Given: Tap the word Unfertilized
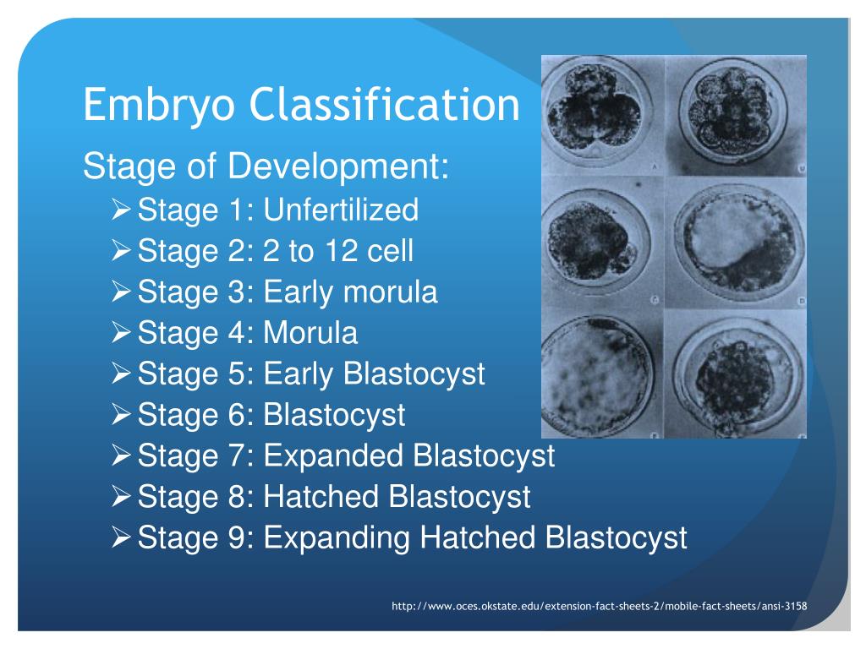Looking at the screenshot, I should tap(341, 210).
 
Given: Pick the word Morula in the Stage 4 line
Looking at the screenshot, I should tap(310, 333).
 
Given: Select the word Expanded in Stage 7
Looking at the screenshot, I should tap(334, 456).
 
